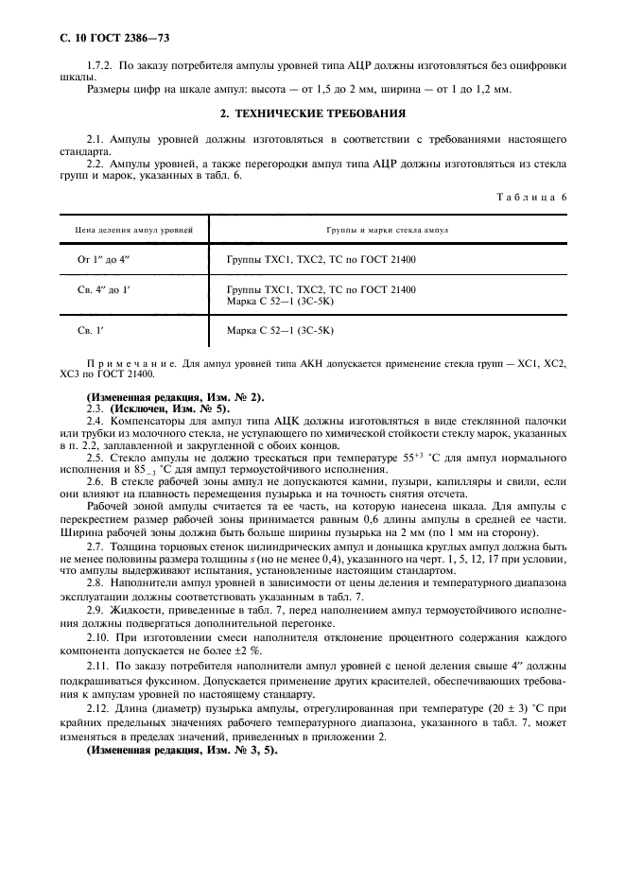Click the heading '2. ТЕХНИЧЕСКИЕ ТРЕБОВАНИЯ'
pyautogui.click(x=312, y=113)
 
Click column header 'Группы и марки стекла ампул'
pyautogui.click(x=388, y=230)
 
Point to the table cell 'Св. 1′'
pyautogui.click(x=91, y=330)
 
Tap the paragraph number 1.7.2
pyautogui.click(x=101, y=65)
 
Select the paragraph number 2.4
pyautogui.click(x=95, y=419)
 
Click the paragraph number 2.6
pyautogui.click(x=95, y=482)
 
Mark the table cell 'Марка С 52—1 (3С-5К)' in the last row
pyautogui.click(x=281, y=330)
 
